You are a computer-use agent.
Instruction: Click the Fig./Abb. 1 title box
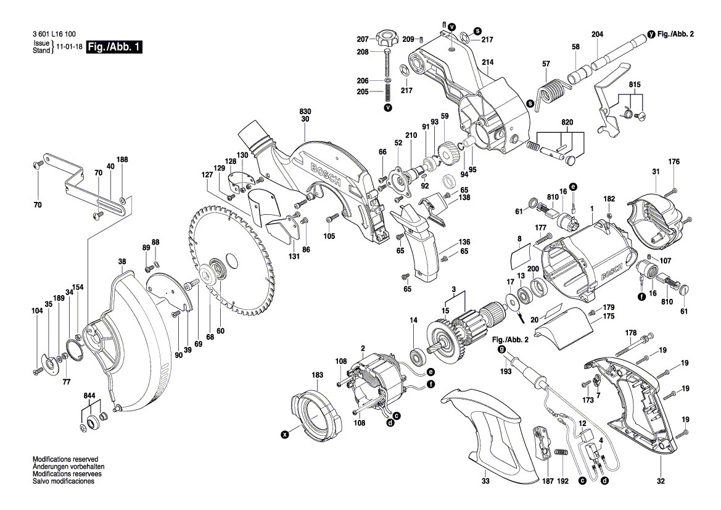coord(114,48)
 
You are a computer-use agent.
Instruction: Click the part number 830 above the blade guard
coord(305,111)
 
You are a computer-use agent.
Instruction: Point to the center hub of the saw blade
coord(219,269)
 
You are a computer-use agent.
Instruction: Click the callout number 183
coord(317,375)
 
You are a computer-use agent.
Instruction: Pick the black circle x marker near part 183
coord(285,435)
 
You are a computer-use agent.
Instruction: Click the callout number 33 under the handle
coord(485,480)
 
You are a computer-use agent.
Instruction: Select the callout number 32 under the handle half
coord(661,480)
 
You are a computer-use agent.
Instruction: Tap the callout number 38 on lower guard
coord(122,262)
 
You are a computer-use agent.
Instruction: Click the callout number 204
coord(597,35)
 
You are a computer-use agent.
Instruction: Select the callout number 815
coord(635,84)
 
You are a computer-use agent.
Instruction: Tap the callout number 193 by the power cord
coord(505,372)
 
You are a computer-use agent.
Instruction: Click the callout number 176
coord(674,162)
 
